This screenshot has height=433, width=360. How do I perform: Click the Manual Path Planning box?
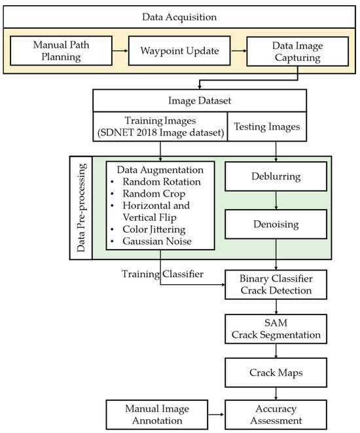(x=56, y=50)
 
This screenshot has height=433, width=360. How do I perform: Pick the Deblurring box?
(x=276, y=178)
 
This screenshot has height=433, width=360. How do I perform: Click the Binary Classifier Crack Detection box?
(x=276, y=282)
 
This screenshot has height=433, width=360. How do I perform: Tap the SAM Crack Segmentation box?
(x=276, y=329)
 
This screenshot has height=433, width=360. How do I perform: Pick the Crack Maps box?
(x=276, y=371)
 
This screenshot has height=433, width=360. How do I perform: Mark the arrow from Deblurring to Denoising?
(x=276, y=200)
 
